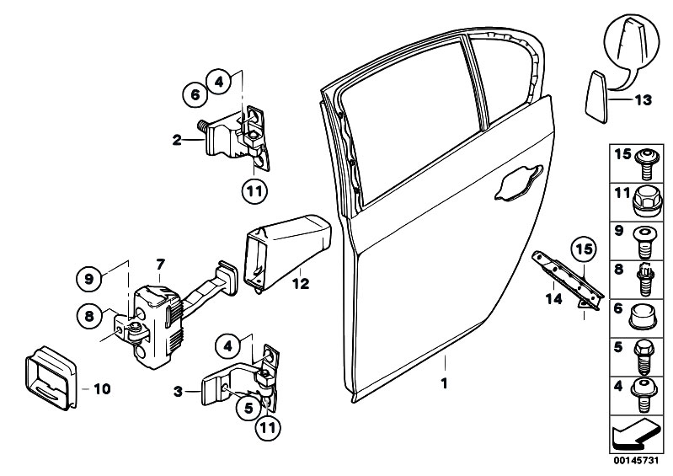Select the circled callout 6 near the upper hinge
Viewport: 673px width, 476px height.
pyautogui.click(x=195, y=95)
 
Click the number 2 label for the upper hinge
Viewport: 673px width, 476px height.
pyautogui.click(x=177, y=141)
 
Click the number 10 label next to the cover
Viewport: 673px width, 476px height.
pyautogui.click(x=102, y=389)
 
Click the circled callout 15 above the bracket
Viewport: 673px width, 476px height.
pyautogui.click(x=581, y=249)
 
